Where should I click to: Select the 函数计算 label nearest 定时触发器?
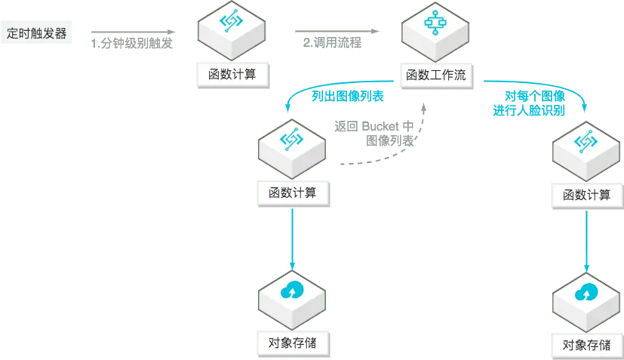pyautogui.click(x=232, y=75)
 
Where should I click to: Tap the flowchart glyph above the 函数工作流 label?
pyautogui.click(x=435, y=23)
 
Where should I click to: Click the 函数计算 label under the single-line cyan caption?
pyautogui.click(x=292, y=192)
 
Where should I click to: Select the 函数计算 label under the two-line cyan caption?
pyautogui.click(x=586, y=195)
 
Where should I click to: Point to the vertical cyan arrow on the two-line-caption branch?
pyautogui.click(x=586, y=242)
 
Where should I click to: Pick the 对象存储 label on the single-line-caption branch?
pyautogui.click(x=292, y=341)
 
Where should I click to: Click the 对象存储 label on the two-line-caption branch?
pyautogui.click(x=586, y=345)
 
